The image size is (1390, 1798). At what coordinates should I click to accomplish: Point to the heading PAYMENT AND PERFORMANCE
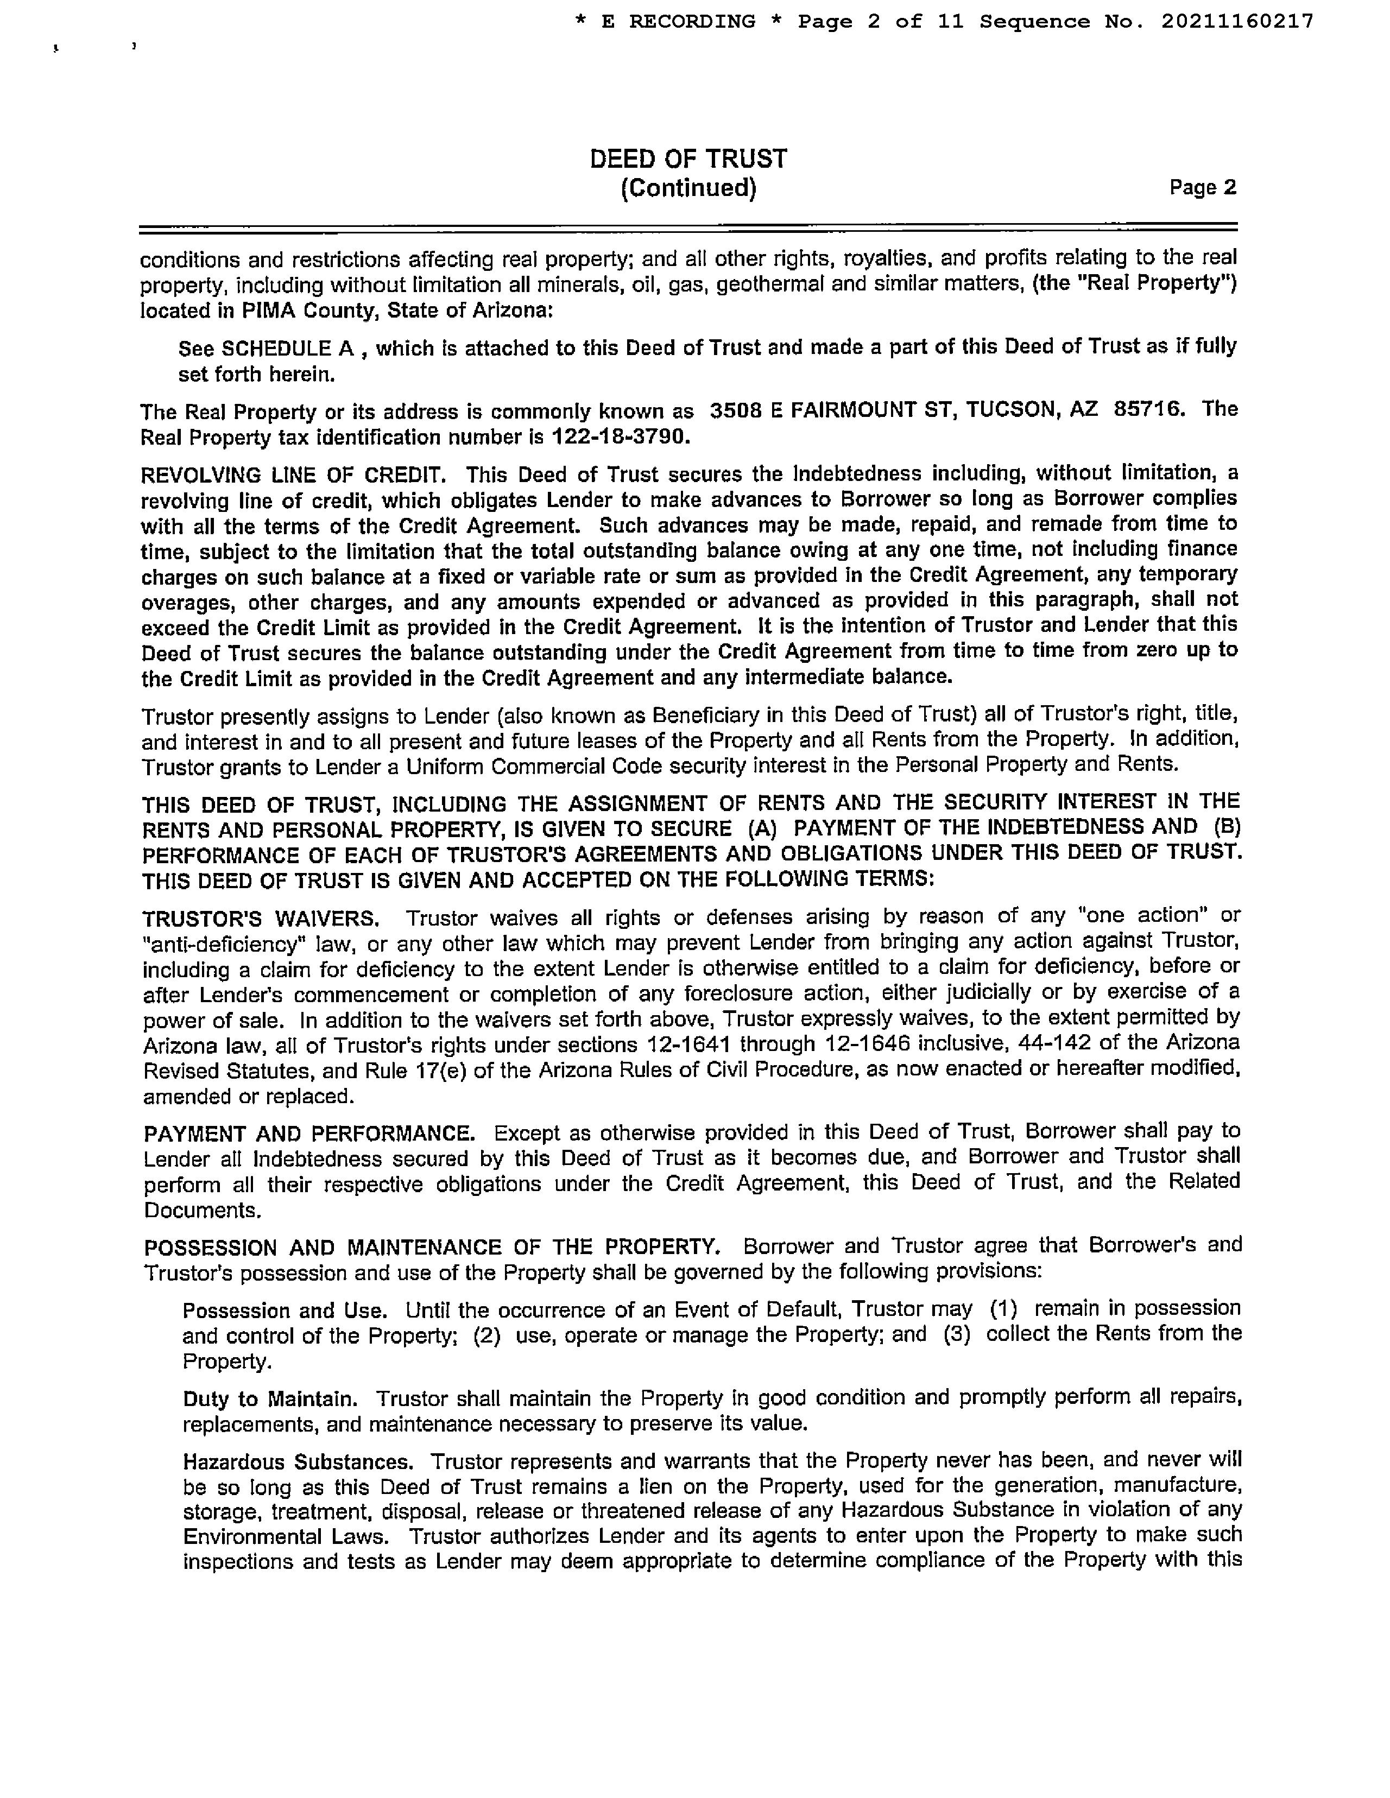(309, 1133)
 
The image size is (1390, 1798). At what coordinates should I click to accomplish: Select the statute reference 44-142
(1055, 1043)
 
